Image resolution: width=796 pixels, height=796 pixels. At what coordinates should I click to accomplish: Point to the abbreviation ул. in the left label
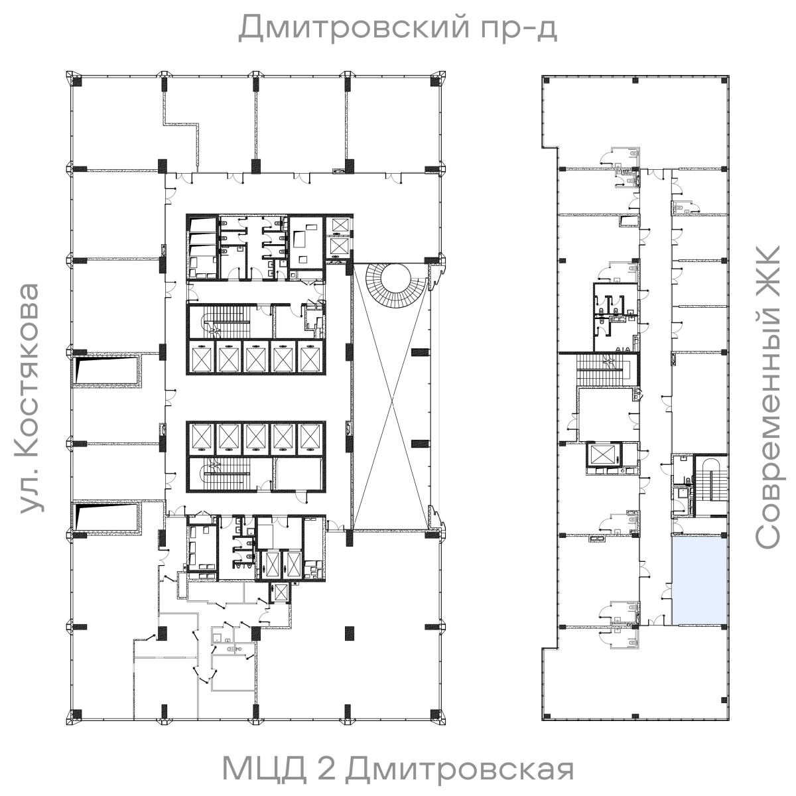[30, 494]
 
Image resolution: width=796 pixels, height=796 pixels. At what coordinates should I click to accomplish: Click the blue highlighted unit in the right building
[700, 581]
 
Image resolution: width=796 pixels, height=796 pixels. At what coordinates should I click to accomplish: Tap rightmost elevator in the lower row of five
[309, 437]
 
